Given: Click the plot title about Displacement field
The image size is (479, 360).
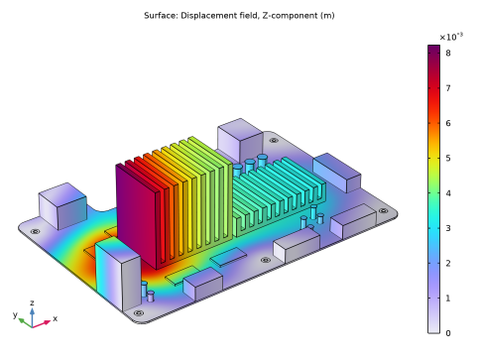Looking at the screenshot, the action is point(239,16).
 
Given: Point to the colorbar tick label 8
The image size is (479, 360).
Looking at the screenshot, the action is point(448,53).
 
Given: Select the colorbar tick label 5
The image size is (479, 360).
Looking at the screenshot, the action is point(448,158).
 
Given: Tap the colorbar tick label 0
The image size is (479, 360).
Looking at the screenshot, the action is point(448,333).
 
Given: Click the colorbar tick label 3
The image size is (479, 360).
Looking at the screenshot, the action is point(448,228).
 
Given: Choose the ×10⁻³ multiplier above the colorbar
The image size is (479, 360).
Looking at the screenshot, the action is point(451,37).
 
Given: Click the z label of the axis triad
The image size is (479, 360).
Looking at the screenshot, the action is point(32,302).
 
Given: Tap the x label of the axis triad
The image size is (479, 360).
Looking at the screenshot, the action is point(55,318).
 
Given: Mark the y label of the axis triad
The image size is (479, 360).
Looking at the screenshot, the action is point(15,314).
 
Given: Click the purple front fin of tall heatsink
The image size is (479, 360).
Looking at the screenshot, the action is point(136,216).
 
